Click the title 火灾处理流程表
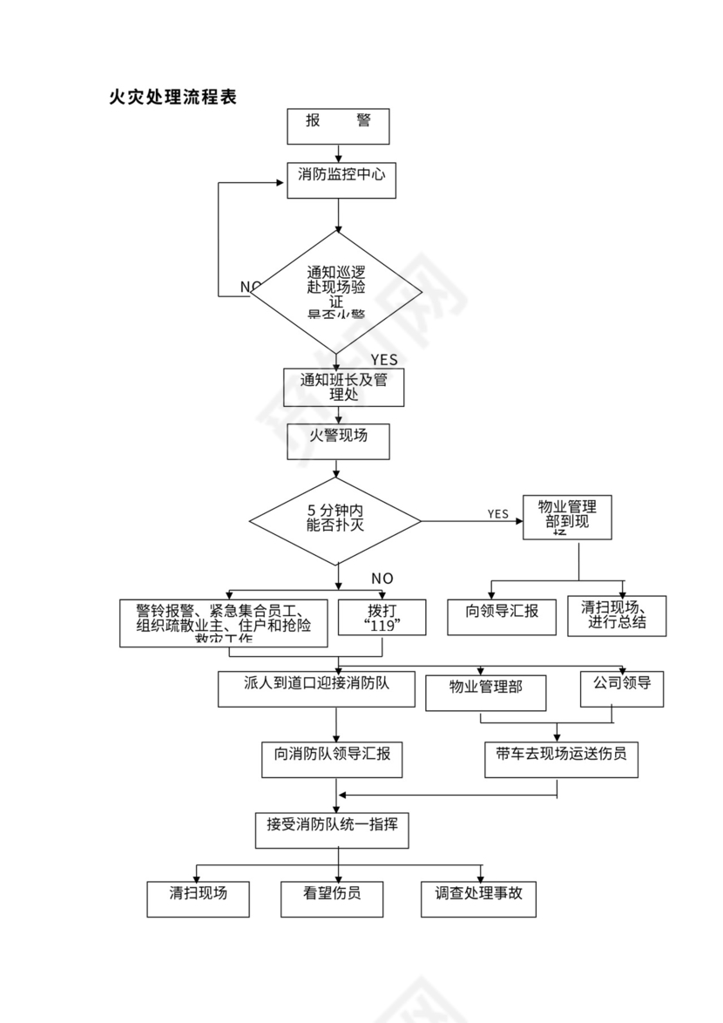point(172,97)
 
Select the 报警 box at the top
point(338,125)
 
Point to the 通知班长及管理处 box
point(343,387)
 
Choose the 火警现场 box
point(338,441)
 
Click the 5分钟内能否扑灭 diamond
point(335,521)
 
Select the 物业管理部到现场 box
point(566,518)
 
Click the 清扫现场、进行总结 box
point(616,615)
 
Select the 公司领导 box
point(622,688)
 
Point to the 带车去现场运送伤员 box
point(561,757)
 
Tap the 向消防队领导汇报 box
point(332,757)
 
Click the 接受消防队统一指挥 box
point(332,829)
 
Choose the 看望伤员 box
point(332,898)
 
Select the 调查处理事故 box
point(479,898)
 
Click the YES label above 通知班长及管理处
point(383,360)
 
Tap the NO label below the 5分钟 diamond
point(382,579)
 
